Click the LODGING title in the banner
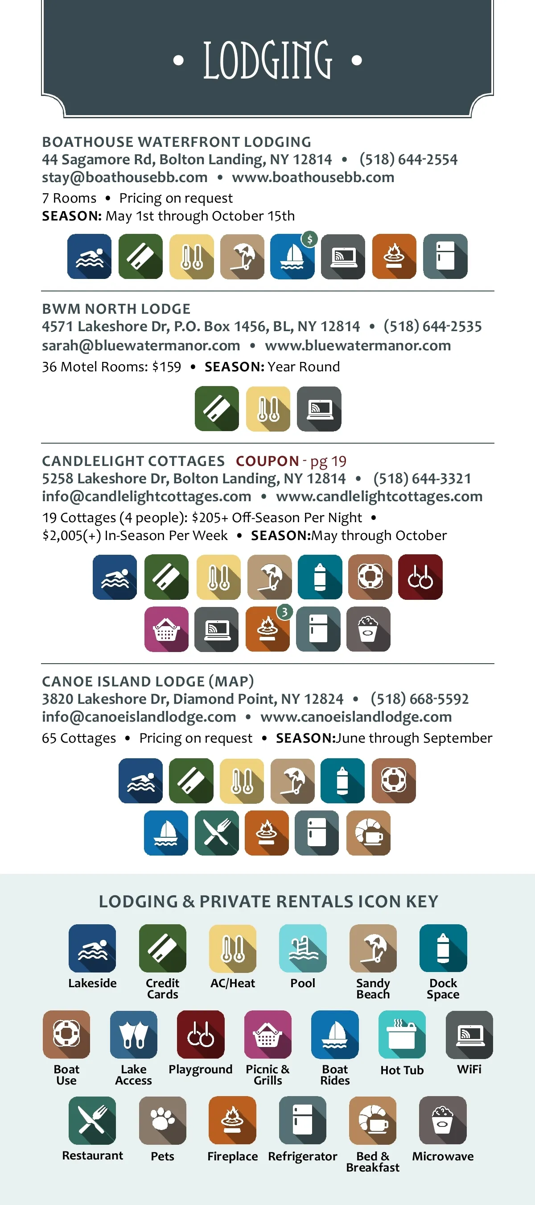pyautogui.click(x=267, y=60)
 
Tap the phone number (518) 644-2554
pyautogui.click(x=408, y=159)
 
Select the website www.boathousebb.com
pyautogui.click(x=313, y=177)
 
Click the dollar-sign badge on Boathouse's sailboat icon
pyautogui.click(x=309, y=239)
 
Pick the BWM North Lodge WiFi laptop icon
pyautogui.click(x=319, y=408)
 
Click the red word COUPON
pyautogui.click(x=267, y=461)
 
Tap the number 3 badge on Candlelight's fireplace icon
pyautogui.click(x=284, y=612)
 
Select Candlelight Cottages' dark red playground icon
pyautogui.click(x=420, y=577)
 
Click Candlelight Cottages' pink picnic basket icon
pyautogui.click(x=166, y=629)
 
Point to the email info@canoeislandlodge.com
pyautogui.click(x=139, y=717)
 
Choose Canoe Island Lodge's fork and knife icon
pyautogui.click(x=217, y=833)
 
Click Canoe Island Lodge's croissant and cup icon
pyautogui.click(x=368, y=833)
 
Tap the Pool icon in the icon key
pyautogui.click(x=303, y=948)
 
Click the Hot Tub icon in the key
pyautogui.click(x=402, y=1034)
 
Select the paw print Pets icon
pyautogui.click(x=163, y=1120)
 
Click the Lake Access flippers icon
pyautogui.click(x=134, y=1034)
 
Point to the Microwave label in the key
pyautogui.click(x=442, y=1156)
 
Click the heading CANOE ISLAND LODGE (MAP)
pyautogui.click(x=148, y=681)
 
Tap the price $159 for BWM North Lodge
pyautogui.click(x=167, y=367)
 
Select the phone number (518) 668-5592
pyautogui.click(x=419, y=699)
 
